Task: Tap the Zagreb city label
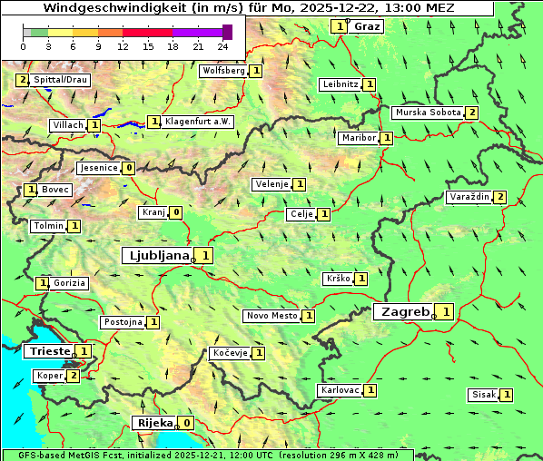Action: pos(404,312)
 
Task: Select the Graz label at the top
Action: pos(367,26)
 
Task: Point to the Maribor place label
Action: pos(358,138)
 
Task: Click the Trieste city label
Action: pos(49,351)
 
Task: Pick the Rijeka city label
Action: pos(153,423)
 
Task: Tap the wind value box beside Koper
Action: pos(74,376)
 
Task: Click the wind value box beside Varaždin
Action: pos(500,198)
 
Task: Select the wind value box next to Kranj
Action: pos(176,213)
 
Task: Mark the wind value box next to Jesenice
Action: pos(130,168)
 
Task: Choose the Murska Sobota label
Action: pos(427,113)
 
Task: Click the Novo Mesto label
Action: pos(271,316)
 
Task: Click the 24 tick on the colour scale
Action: pos(222,46)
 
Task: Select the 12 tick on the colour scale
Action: pos(123,46)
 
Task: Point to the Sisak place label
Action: pos(483,395)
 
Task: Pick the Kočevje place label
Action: pos(229,352)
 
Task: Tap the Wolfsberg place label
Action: pos(223,70)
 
